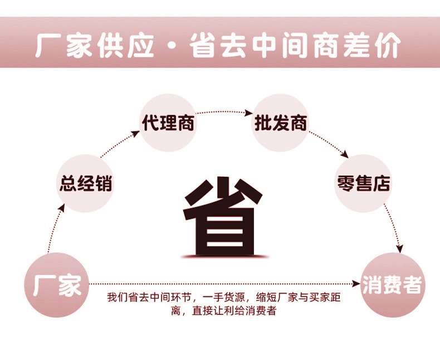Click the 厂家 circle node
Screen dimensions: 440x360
coord(57,285)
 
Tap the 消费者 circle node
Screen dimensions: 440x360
coord(393,285)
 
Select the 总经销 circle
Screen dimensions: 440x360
coord(85,183)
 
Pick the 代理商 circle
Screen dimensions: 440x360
coord(168,123)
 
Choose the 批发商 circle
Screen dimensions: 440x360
coord(280,123)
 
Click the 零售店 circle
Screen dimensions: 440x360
coord(363,183)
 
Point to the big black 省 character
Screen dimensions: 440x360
coord(224,216)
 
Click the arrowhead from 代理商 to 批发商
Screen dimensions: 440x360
coord(248,113)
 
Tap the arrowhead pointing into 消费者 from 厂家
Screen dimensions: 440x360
coord(356,284)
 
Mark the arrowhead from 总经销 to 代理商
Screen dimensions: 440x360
coord(135,133)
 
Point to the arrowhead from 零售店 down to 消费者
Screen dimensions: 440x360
coord(400,248)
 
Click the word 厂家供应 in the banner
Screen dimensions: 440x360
coord(95,45)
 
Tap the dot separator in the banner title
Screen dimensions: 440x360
coord(172,46)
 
